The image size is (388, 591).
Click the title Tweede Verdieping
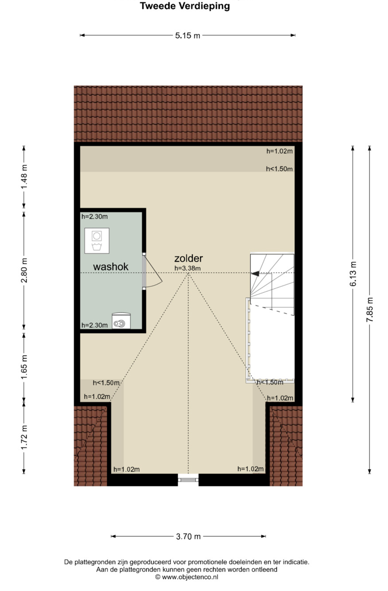click(x=185, y=6)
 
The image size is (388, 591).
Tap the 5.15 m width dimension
click(x=188, y=35)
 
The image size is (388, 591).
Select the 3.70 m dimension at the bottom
click(x=188, y=536)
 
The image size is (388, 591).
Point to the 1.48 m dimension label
click(x=24, y=177)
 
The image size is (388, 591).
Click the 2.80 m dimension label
click(x=24, y=270)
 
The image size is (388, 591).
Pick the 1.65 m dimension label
click(x=24, y=367)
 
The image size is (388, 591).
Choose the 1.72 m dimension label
click(x=24, y=437)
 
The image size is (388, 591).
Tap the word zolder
click(x=188, y=258)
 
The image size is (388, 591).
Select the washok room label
click(x=111, y=267)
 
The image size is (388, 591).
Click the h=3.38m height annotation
click(x=187, y=268)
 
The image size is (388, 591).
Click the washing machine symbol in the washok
click(x=97, y=241)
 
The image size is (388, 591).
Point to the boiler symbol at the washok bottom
click(x=121, y=321)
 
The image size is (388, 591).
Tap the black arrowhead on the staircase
click(x=255, y=274)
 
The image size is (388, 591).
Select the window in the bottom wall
click(x=188, y=479)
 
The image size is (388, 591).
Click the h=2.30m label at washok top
click(x=94, y=216)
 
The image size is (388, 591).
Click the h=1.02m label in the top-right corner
click(x=279, y=151)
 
